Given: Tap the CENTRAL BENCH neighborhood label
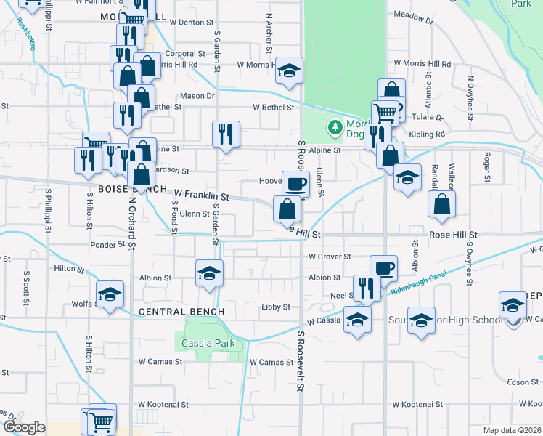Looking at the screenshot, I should [181, 312].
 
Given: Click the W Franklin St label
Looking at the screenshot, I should [201, 196].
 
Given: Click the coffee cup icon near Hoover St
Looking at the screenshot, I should [295, 184].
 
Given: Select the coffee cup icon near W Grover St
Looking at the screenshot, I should [383, 267].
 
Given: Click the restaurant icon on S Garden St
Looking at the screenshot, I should [226, 133].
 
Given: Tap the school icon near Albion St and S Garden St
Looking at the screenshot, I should [209, 273].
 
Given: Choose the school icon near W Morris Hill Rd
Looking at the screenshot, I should [289, 70].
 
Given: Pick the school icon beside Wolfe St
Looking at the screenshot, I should [110, 294].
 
